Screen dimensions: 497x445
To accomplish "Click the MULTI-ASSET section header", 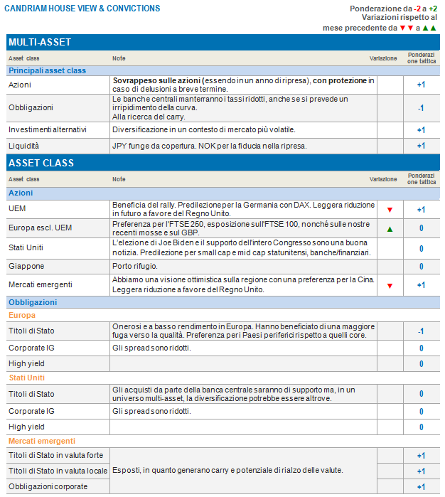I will click(40, 42).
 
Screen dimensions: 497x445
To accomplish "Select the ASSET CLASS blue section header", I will click(41, 163).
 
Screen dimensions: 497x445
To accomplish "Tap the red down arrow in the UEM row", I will click(390, 210).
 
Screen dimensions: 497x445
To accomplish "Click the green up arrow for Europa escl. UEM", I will click(390, 229).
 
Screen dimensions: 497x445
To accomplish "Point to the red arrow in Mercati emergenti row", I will click(390, 285).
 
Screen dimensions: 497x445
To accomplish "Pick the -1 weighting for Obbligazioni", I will click(421, 108).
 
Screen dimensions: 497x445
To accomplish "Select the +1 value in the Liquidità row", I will click(421, 146).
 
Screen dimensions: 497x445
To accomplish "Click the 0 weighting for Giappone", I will click(421, 267).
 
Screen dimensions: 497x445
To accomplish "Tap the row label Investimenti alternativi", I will click(47, 130).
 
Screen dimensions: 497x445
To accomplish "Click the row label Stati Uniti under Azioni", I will click(27, 248).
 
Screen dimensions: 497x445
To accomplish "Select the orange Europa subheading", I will click(21, 315).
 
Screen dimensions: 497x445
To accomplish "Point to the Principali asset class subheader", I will click(47, 70).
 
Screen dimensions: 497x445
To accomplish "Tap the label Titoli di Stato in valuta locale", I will click(58, 471).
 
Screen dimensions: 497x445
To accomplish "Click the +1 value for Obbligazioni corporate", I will click(421, 487).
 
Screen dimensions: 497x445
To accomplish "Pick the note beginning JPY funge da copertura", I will click(209, 146).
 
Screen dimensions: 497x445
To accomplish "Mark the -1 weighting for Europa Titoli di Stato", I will click(421, 331).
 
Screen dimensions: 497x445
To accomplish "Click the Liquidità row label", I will click(23, 146).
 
